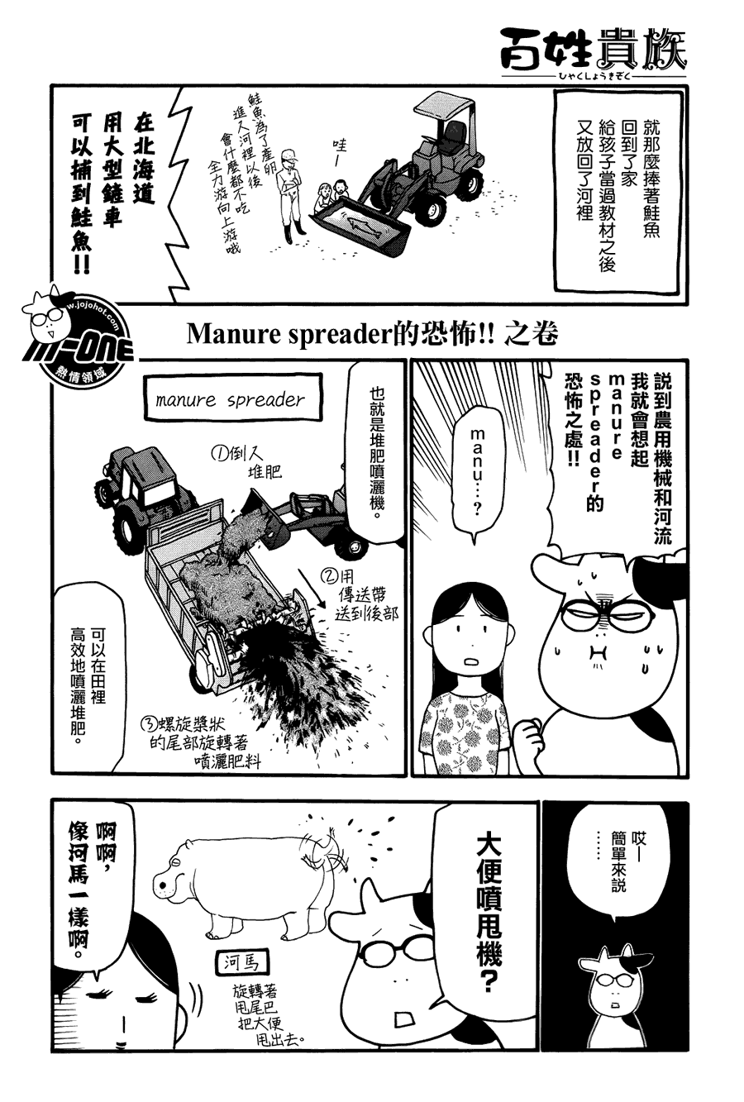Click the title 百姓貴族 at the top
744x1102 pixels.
[x=593, y=48]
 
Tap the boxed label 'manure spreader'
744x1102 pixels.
[x=231, y=401]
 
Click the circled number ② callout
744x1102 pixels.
[x=330, y=576]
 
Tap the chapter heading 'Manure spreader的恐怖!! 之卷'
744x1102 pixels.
[x=373, y=335]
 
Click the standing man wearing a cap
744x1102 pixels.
[x=289, y=194]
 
